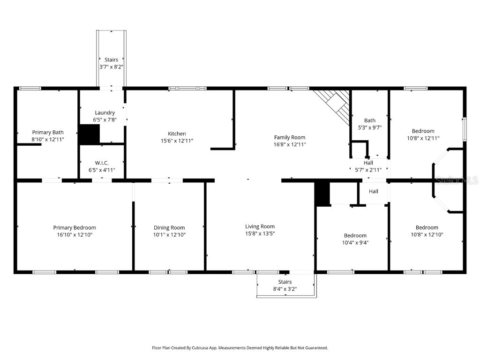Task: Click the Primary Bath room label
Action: [48, 132]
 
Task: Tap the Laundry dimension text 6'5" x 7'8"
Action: [105, 120]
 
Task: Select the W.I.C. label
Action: [102, 163]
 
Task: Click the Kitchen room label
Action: [177, 134]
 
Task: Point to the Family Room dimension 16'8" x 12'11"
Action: [290, 145]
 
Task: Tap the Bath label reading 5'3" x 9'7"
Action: [370, 127]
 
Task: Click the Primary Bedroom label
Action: [75, 227]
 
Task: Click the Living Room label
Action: [260, 226]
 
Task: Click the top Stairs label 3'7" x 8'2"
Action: [111, 60]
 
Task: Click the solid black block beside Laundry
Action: [89, 134]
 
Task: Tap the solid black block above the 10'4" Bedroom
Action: [322, 194]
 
